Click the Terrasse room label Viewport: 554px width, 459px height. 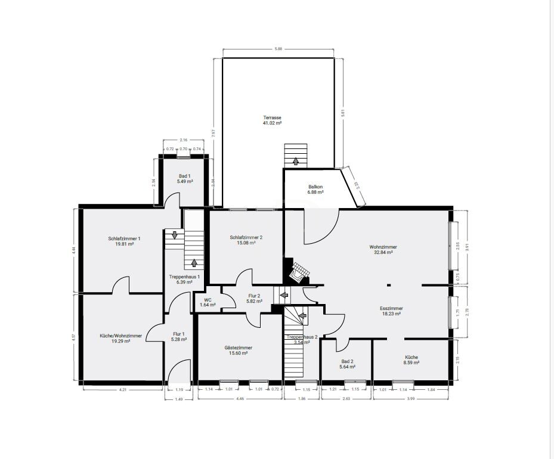coord(273,117)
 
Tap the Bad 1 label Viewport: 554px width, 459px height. coord(184,176)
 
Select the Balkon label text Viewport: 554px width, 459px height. coord(315,186)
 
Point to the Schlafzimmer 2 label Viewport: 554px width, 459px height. coord(246,237)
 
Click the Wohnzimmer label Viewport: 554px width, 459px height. coord(383,247)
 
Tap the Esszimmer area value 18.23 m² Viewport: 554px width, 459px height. coord(391,314)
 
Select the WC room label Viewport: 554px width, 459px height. coord(208,300)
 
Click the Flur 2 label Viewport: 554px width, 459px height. coord(255,296)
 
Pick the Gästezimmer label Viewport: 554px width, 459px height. coord(238,348)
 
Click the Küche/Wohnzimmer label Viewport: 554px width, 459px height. coord(120,336)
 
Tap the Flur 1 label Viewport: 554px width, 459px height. coord(179,334)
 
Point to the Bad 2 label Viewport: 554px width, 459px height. coord(348,361)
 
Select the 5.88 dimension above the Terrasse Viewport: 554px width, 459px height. coord(278,49)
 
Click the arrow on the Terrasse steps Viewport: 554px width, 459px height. coord(295,160)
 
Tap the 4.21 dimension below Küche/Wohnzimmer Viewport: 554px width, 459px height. coord(122,390)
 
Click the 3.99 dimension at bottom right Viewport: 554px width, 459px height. coord(411,399)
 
